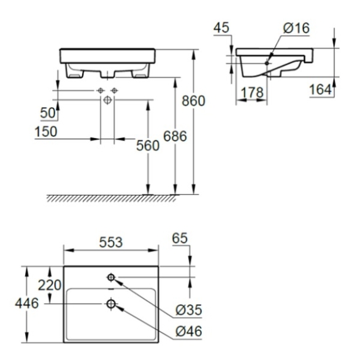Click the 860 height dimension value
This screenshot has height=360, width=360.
(193, 101)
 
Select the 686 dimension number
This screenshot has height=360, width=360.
(175, 136)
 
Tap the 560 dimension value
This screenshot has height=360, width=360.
(148, 145)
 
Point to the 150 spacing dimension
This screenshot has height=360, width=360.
(46, 132)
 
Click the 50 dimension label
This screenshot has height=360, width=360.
(48, 113)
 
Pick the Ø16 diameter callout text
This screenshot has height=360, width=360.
(296, 28)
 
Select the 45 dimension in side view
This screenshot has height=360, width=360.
(221, 28)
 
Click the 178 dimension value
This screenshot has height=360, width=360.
(252, 93)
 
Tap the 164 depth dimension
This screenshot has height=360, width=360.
(321, 90)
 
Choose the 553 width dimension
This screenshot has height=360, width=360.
(111, 242)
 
